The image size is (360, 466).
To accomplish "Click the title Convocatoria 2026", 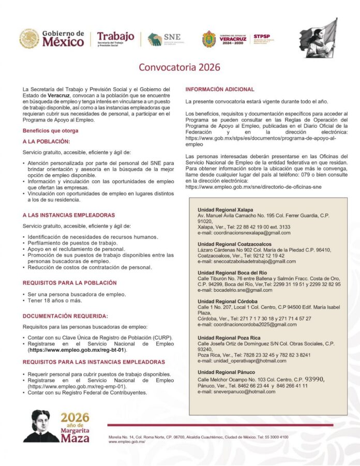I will (179, 67).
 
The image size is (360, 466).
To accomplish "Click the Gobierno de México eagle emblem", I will (29, 38).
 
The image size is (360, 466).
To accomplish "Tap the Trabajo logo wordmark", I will (115, 36).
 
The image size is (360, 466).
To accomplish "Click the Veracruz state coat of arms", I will (209, 39).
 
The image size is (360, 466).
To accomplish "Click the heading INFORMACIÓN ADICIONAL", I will (220, 89).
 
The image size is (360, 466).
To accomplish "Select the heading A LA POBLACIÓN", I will (46, 141).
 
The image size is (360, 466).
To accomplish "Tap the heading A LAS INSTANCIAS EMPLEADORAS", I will (68, 215).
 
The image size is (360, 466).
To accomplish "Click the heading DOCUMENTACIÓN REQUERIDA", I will (65, 315).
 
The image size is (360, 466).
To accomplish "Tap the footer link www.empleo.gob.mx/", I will (127, 442).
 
